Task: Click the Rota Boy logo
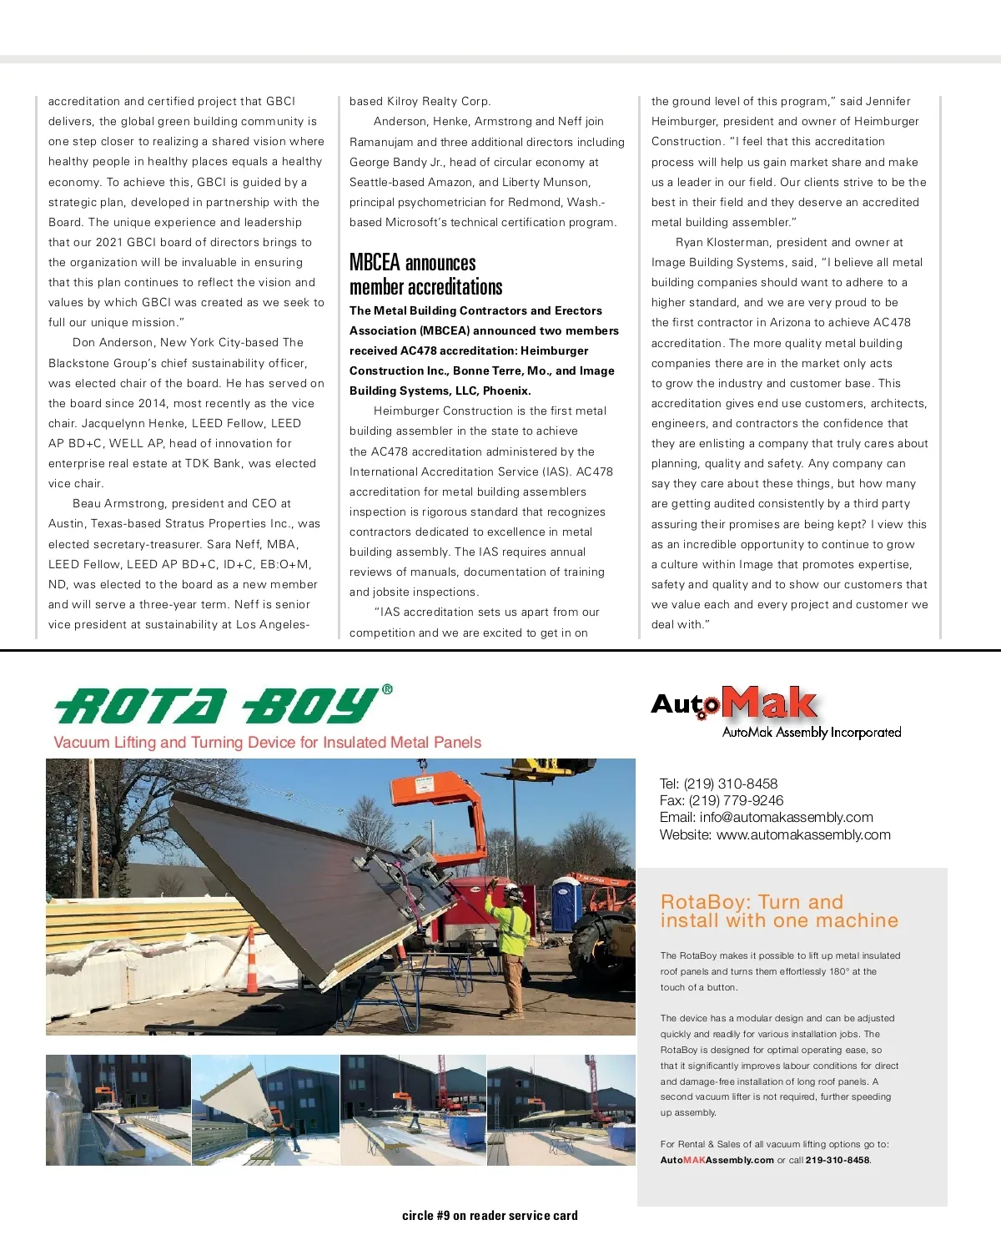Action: coord(217,706)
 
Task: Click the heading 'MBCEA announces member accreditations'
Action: coord(425,275)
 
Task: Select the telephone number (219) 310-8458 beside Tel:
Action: coord(730,784)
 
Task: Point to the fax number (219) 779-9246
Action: coord(736,800)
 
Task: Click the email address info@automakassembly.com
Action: coord(786,817)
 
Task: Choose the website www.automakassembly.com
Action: coord(803,834)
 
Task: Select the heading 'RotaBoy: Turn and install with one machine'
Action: coord(779,911)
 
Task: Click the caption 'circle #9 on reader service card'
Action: coord(490,1216)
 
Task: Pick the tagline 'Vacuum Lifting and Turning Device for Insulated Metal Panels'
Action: coord(268,743)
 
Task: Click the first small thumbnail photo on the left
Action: coord(118,1110)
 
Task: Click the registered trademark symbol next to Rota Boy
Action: coord(387,690)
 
